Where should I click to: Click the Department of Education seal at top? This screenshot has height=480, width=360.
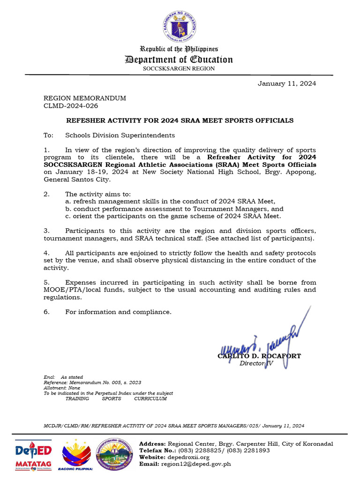180,26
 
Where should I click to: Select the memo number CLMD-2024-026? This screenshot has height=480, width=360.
71,105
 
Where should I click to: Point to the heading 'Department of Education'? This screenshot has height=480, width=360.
179,60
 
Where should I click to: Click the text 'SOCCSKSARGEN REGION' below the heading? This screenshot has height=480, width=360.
179,68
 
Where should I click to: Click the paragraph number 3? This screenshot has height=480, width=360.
46,231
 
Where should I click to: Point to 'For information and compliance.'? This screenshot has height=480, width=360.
118,312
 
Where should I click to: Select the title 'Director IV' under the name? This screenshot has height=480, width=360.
256,363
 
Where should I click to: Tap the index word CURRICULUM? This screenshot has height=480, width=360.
150,399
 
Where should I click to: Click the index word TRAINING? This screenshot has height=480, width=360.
77,399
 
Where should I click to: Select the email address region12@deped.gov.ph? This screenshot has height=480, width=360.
195,464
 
